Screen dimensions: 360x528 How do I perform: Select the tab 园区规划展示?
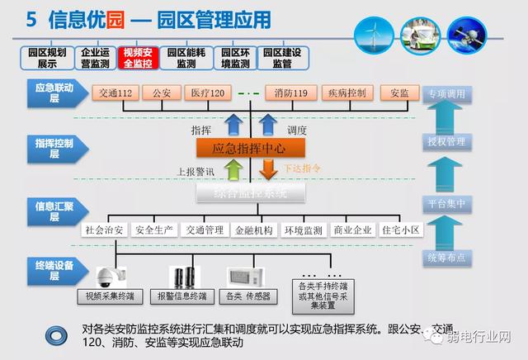[41, 57]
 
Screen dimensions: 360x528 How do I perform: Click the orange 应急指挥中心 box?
[251, 149]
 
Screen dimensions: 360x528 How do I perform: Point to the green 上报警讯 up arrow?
[234, 169]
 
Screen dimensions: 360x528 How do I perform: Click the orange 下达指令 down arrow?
[268, 169]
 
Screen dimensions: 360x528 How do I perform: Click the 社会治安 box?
[105, 230]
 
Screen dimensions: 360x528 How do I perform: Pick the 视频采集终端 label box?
[110, 295]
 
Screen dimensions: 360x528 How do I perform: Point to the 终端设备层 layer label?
[54, 270]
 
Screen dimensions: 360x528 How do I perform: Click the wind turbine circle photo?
[373, 36]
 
